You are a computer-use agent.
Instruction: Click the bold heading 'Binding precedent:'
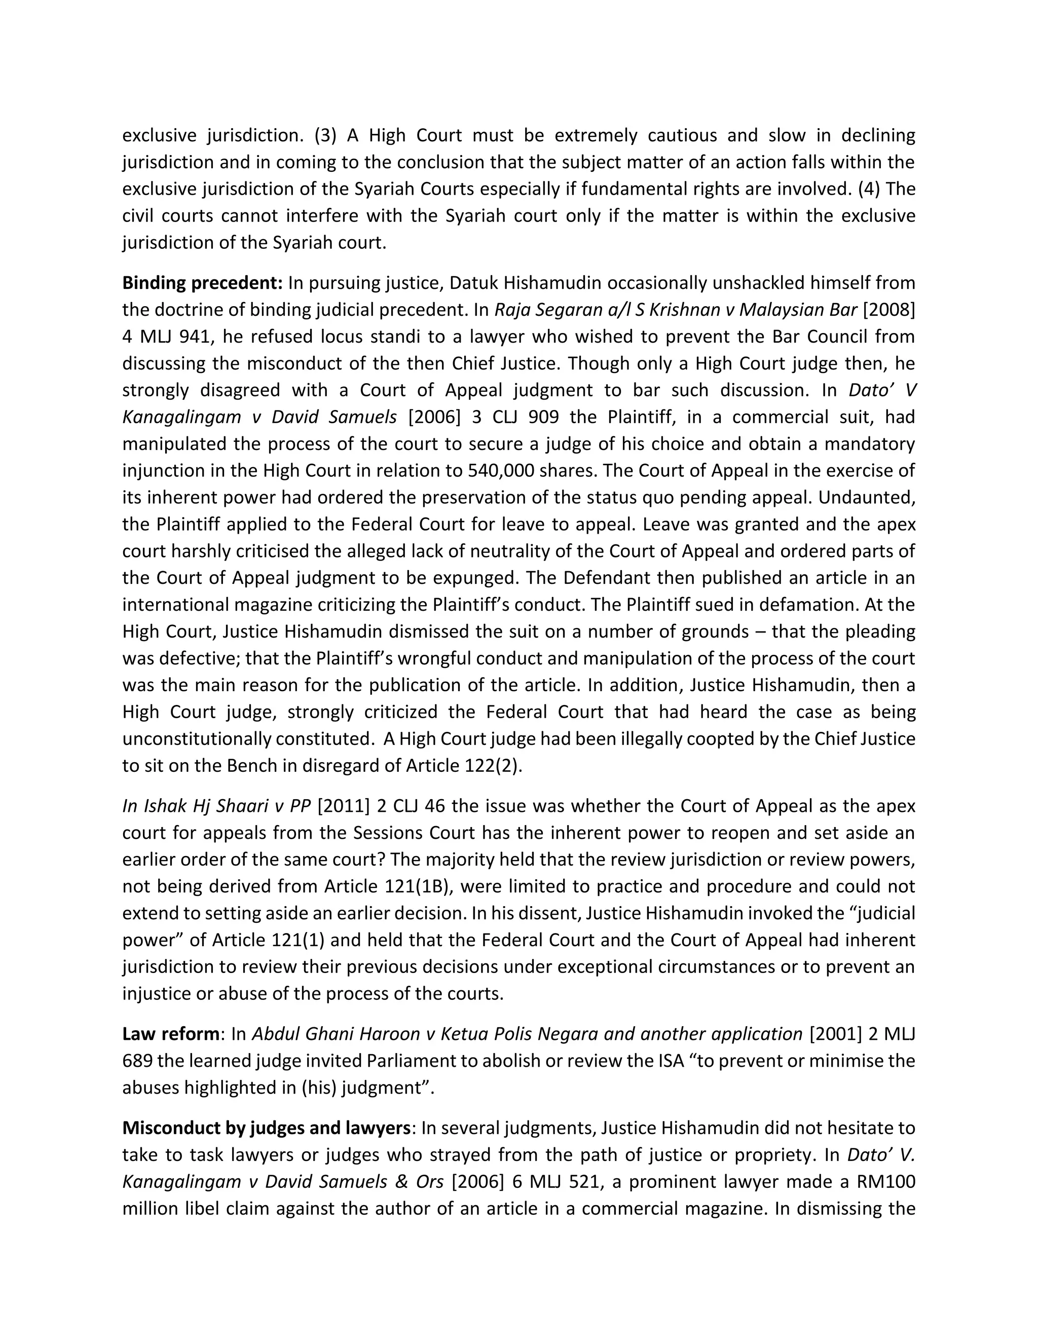[202, 283]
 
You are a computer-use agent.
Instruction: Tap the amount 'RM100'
[888, 1182]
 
